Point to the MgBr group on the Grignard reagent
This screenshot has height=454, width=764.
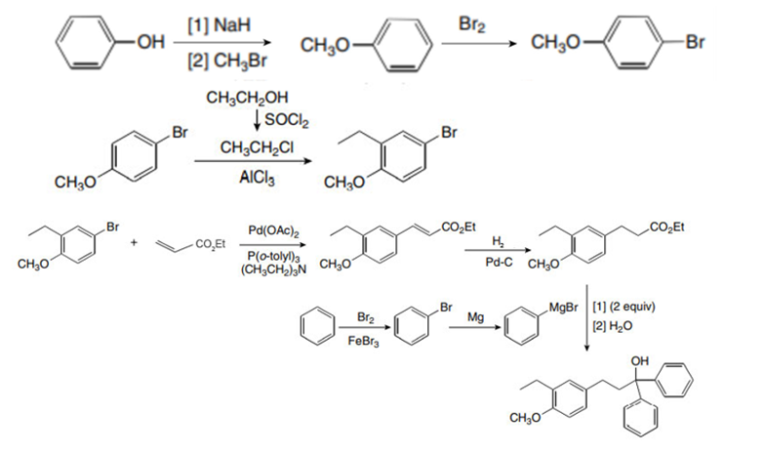[x=566, y=310]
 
